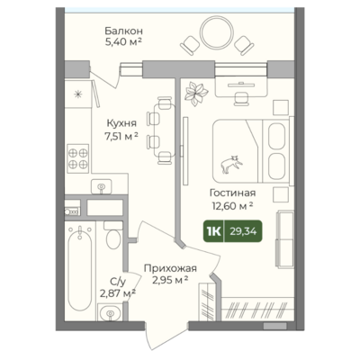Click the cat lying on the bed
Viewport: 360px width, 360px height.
coord(231,164)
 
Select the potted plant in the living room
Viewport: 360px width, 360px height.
coord(196,93)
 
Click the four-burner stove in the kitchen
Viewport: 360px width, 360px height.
coord(78,158)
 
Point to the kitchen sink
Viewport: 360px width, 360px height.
coord(101,187)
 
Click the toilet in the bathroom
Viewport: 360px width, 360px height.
coord(113,236)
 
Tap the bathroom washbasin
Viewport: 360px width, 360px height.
coord(110,312)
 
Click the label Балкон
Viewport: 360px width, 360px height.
coord(123,31)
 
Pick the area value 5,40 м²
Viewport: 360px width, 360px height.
coord(123,41)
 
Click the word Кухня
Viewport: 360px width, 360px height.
coord(121,123)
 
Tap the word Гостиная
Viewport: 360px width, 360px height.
coord(232,193)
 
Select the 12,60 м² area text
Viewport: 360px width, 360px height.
coord(233,206)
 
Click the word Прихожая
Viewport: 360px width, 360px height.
coord(170,268)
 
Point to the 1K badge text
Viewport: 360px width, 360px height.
coord(214,231)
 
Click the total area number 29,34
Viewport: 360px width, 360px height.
coord(243,231)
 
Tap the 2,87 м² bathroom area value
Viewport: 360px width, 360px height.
coord(117,292)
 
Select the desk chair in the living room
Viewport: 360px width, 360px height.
coord(241,98)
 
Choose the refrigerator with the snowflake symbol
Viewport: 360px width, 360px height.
coord(78,94)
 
